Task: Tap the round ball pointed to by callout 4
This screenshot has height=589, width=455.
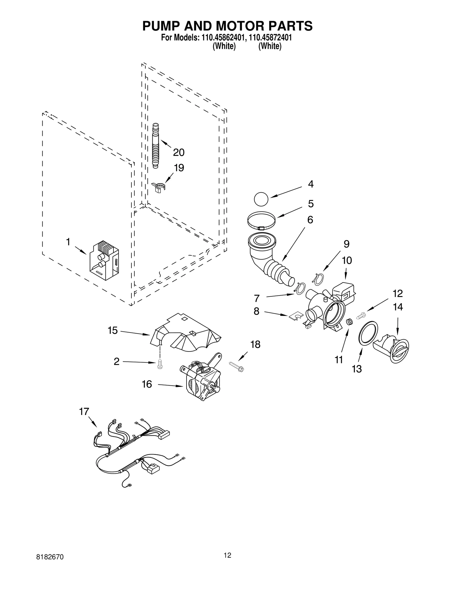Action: [261, 199]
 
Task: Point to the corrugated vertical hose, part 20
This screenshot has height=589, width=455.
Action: [156, 145]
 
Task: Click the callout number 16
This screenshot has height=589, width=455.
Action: [147, 385]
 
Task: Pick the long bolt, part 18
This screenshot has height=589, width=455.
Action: [237, 367]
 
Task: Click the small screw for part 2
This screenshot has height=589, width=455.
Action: [160, 364]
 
